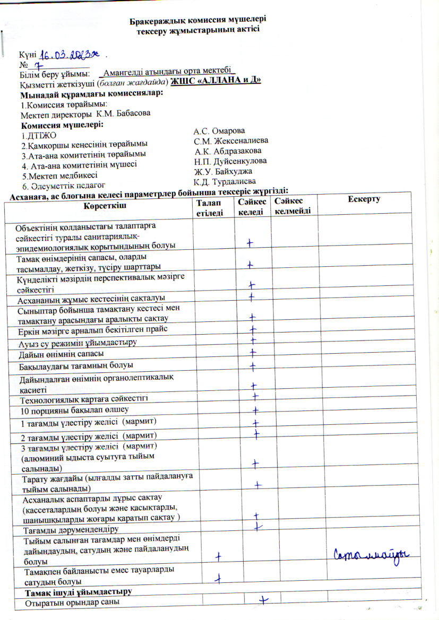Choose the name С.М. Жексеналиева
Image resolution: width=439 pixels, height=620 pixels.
[x=231, y=141]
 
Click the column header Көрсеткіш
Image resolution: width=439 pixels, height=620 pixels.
[x=99, y=204]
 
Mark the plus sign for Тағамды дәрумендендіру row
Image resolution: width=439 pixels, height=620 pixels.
[x=259, y=526]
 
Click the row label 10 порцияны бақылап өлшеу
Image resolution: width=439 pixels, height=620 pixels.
[x=74, y=410]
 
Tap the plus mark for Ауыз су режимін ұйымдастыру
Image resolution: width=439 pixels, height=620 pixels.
[x=254, y=340]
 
